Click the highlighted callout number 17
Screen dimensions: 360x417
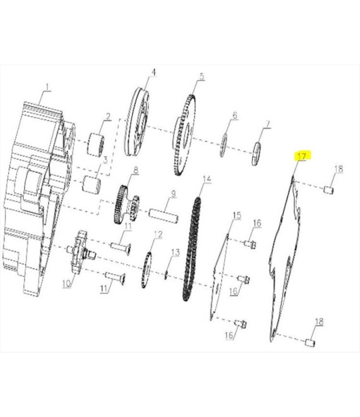point(302,156)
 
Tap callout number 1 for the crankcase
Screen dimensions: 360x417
point(47,87)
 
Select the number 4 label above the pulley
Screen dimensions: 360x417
point(153,72)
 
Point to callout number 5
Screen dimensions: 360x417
point(202,77)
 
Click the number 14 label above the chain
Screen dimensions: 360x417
point(207,179)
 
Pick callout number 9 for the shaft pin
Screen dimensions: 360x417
point(173,194)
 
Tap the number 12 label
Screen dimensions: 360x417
point(158,234)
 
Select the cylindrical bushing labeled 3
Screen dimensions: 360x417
point(91,184)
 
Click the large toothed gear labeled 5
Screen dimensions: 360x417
point(184,135)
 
